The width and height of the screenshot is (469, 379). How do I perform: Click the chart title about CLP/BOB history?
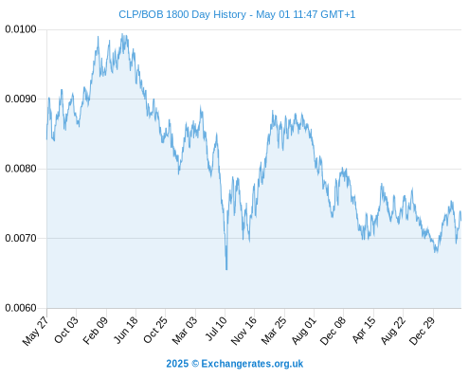pyautogui.click(x=237, y=14)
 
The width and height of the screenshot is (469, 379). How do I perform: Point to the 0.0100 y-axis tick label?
pyautogui.click(x=21, y=29)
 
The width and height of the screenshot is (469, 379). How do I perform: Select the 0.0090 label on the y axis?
pyautogui.click(x=21, y=99)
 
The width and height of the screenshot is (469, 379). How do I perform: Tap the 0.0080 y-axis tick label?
pyautogui.click(x=21, y=169)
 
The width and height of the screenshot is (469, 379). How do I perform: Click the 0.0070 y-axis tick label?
pyautogui.click(x=21, y=238)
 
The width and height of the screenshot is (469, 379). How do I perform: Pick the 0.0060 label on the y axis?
pyautogui.click(x=21, y=308)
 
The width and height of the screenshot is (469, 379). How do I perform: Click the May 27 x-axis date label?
pyautogui.click(x=35, y=331)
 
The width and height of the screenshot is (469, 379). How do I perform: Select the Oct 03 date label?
pyautogui.click(x=65, y=330)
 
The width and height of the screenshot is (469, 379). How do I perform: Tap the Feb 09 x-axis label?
pyautogui.click(x=95, y=330)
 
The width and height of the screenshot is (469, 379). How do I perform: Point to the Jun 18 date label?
pyautogui.click(x=125, y=330)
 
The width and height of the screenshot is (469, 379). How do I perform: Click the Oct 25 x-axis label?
pyautogui.click(x=154, y=330)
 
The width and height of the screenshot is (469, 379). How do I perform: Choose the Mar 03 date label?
pyautogui.click(x=185, y=330)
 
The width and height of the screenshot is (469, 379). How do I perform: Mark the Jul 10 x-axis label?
pyautogui.click(x=216, y=329)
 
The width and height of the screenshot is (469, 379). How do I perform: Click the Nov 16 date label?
pyautogui.click(x=244, y=331)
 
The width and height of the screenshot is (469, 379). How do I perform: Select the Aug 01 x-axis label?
pyautogui.click(x=303, y=331)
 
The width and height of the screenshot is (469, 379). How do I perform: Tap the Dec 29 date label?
pyautogui.click(x=423, y=331)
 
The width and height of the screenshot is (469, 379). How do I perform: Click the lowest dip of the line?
pyautogui.click(x=226, y=269)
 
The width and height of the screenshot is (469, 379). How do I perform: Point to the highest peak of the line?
pyautogui.click(x=122, y=34)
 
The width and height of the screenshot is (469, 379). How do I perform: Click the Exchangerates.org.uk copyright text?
pyautogui.click(x=235, y=364)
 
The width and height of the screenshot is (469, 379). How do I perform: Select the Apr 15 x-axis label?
pyautogui.click(x=364, y=330)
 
